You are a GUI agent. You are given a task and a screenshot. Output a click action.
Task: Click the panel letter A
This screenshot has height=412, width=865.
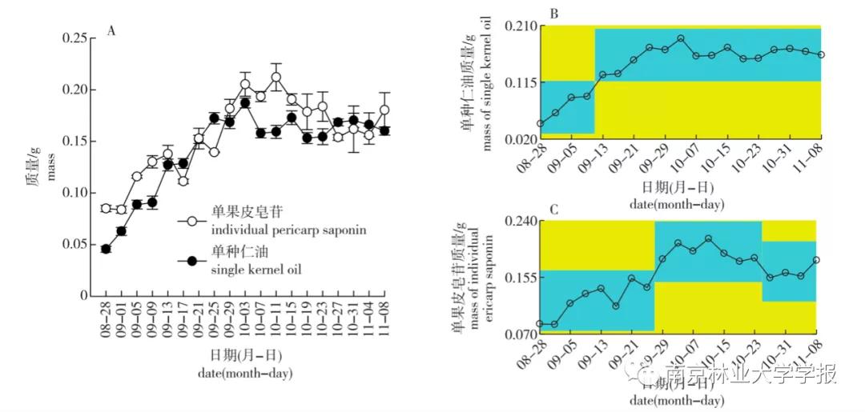[112, 31]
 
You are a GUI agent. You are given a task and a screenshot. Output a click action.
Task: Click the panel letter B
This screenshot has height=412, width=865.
[553, 14]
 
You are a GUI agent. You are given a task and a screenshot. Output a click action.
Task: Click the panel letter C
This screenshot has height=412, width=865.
[553, 210]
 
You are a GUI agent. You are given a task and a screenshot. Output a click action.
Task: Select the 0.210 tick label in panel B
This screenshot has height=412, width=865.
[520, 26]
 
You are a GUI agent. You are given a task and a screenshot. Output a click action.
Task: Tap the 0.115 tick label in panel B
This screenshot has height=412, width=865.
[520, 82]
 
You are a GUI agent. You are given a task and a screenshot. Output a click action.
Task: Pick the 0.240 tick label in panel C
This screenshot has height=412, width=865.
[520, 221]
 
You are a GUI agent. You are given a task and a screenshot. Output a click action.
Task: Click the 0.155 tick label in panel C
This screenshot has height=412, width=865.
[520, 276]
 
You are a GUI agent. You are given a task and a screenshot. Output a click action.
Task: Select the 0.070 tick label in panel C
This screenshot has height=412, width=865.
[520, 332]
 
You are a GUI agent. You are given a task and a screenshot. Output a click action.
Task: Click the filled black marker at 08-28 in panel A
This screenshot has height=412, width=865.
[106, 249]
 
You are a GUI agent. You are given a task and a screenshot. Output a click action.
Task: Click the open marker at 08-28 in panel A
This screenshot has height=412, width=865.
[106, 208]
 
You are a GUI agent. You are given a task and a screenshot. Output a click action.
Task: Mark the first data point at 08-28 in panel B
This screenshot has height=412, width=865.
[540, 124]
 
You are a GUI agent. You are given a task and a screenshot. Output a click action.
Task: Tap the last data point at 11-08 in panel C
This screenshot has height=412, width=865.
[816, 260]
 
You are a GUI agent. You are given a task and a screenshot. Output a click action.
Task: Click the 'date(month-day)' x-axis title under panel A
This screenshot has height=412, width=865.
[245, 373]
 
